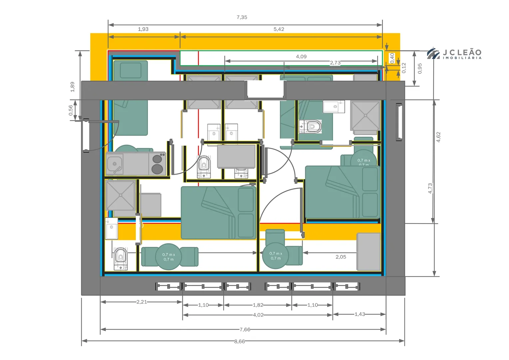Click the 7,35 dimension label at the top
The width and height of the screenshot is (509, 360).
click(x=242, y=17)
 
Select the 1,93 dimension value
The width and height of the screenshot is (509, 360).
click(x=143, y=29)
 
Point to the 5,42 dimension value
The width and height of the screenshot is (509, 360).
click(x=279, y=29)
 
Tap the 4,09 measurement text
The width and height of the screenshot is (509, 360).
click(x=301, y=56)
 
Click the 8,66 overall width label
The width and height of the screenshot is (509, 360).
click(x=240, y=341)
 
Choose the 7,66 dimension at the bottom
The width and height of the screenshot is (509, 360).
click(x=245, y=329)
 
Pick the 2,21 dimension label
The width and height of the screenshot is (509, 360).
click(x=142, y=302)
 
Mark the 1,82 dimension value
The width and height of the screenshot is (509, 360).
click(x=258, y=305)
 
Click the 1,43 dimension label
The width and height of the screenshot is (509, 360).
click(x=360, y=314)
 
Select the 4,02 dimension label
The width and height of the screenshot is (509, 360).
click(x=258, y=315)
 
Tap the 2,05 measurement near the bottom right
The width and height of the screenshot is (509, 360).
click(x=341, y=257)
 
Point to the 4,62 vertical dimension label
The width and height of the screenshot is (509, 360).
click(x=438, y=137)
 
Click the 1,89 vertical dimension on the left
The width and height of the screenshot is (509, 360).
click(x=72, y=87)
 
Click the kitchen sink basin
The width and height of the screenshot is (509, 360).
click(x=115, y=164)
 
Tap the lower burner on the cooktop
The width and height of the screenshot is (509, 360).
click(x=157, y=169)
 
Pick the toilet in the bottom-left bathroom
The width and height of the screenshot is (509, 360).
click(x=121, y=258)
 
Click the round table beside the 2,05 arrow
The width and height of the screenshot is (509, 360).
click(x=275, y=256)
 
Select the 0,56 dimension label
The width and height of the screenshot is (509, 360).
click(x=71, y=110)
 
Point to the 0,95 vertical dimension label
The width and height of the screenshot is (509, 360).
click(x=420, y=68)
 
